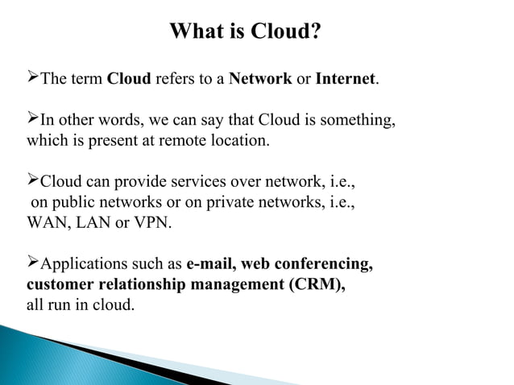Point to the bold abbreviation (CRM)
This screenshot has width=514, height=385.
tap(316, 284)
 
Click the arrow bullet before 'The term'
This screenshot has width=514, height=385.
tap(33, 79)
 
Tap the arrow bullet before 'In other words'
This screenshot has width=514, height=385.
tap(33, 121)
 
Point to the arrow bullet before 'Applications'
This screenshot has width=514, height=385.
tap(33, 263)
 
